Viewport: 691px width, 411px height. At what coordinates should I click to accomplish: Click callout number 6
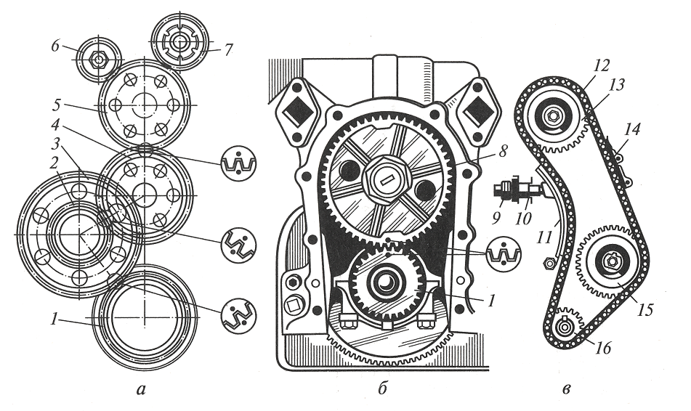click(x=54, y=44)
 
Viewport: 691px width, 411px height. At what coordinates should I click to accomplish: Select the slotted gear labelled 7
click(x=179, y=40)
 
